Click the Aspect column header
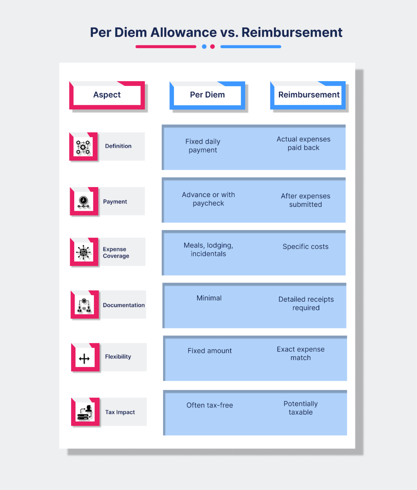pyautogui.click(x=107, y=95)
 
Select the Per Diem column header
pyautogui.click(x=207, y=95)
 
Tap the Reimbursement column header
pyautogui.click(x=308, y=95)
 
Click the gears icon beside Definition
pyautogui.click(x=83, y=147)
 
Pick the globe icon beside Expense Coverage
pyautogui.click(x=83, y=252)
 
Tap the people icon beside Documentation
pyautogui.click(x=84, y=305)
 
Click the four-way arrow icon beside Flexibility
pyautogui.click(x=84, y=359)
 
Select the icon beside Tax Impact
pyautogui.click(x=85, y=412)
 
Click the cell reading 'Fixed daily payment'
pyautogui.click(x=203, y=146)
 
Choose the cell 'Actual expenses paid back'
pyautogui.click(x=303, y=144)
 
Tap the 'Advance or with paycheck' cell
pyautogui.click(x=208, y=199)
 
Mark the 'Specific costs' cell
pyautogui.click(x=305, y=247)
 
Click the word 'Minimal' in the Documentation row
pyautogui.click(x=209, y=298)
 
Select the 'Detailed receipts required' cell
pyautogui.click(x=306, y=304)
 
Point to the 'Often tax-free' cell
pyautogui.click(x=210, y=405)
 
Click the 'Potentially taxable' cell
pyautogui.click(x=301, y=408)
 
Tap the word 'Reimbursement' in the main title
pyautogui.click(x=292, y=32)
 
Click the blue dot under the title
pyautogui.click(x=204, y=47)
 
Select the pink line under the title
pyautogui.click(x=166, y=47)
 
